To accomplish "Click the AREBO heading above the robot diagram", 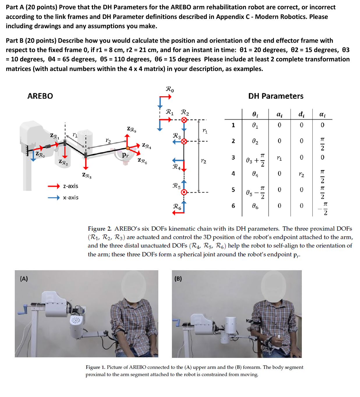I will click(x=40, y=96).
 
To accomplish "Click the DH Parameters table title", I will click(x=276, y=96).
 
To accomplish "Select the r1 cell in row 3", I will click(x=279, y=158).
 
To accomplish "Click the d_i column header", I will click(x=302, y=114).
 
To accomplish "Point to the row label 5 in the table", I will click(x=233, y=190).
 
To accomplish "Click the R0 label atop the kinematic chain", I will click(x=170, y=89).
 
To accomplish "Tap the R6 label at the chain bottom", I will click(x=177, y=207).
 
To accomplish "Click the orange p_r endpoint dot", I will click(x=128, y=148).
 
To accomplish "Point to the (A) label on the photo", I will click(x=24, y=279).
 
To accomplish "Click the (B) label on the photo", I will click(x=178, y=279).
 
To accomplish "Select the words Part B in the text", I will click(x=15, y=40).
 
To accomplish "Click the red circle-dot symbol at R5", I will click(x=184, y=192).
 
